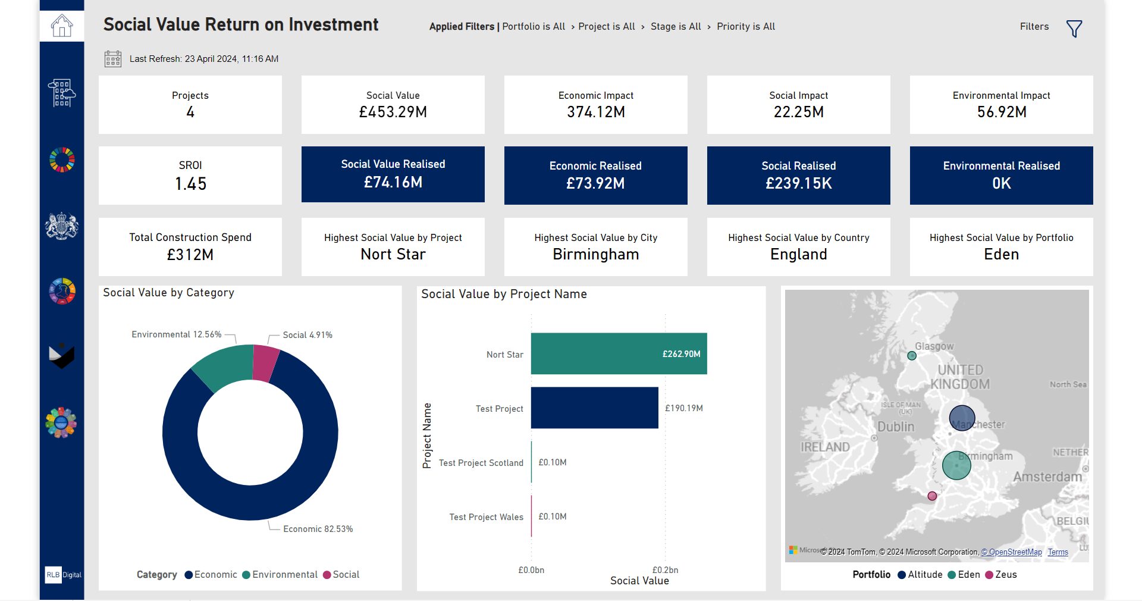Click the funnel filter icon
tap(1074, 29)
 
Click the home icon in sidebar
tap(62, 26)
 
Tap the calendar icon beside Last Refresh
tap(113, 59)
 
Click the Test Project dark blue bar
tap(594, 408)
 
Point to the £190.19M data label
tap(683, 408)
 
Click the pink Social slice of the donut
tap(265, 362)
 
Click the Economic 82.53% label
tap(318, 529)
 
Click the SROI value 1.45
tap(190, 184)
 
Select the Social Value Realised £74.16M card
tap(393, 174)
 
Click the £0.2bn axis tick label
tap(665, 569)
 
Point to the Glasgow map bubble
tap(912, 356)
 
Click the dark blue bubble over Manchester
tap(961, 418)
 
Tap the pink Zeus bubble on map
tap(932, 496)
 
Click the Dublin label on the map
tap(896, 427)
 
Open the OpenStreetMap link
tap(1011, 552)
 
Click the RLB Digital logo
tap(62, 575)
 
